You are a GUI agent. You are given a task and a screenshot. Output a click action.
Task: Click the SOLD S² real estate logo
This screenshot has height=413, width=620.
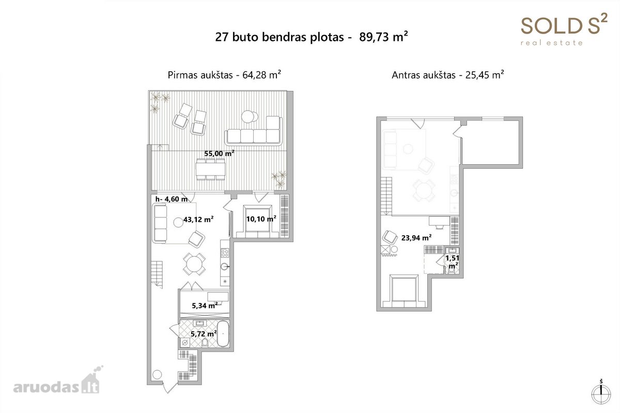point(564,30)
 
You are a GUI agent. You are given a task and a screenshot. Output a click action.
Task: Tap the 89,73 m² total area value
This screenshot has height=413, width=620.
point(383,37)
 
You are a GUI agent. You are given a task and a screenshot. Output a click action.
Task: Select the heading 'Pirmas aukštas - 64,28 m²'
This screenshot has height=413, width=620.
point(224,75)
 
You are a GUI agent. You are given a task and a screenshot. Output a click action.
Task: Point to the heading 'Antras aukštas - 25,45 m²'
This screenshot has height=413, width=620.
point(447,75)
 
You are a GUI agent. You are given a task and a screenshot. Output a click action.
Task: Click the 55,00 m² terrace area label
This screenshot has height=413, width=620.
point(219,153)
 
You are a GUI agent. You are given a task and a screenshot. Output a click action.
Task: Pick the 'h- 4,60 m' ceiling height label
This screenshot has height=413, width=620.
point(172,199)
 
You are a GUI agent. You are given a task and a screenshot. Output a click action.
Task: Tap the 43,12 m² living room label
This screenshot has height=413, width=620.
point(198,219)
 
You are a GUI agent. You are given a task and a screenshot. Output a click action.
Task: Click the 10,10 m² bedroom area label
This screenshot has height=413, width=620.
point(261,219)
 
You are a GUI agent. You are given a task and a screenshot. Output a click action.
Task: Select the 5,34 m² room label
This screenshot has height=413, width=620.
point(205,306)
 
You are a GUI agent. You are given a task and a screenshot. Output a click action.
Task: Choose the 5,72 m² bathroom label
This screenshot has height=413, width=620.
point(204,334)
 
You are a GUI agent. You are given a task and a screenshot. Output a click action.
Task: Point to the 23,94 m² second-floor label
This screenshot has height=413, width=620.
point(416,238)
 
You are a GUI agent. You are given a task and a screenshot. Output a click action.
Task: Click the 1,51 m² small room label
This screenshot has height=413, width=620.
point(453,262)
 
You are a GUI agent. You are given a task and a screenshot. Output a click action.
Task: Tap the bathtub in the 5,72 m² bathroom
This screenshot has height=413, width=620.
point(223,333)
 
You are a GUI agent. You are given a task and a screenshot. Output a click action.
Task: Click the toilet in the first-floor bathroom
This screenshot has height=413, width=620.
point(205,343)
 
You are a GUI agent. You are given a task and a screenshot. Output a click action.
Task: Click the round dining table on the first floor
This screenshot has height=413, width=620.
point(194,264)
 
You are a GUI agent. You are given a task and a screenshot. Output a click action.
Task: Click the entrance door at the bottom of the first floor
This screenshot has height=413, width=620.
point(170,387)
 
